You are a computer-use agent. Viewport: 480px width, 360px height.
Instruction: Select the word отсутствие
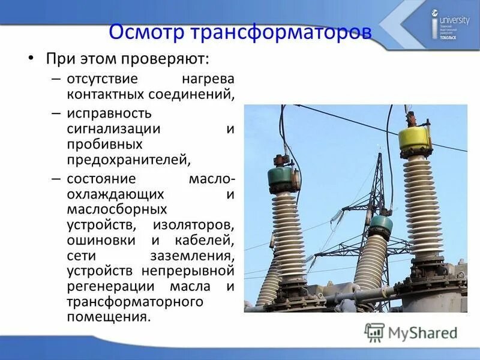coord(103,79)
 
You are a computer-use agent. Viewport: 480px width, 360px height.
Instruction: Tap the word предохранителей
coord(128,160)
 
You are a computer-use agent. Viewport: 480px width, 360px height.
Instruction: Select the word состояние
coord(101,179)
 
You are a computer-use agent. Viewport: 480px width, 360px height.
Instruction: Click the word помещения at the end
coord(108,316)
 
